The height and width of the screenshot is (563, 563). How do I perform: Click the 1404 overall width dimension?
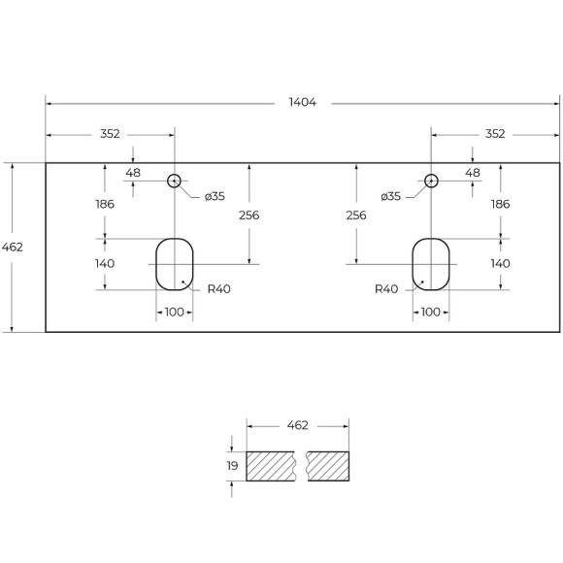click(x=302, y=102)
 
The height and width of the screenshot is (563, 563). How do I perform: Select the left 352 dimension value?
click(x=110, y=134)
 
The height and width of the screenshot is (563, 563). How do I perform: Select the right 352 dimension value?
click(x=495, y=134)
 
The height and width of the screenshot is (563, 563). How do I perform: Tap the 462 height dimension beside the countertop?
click(x=13, y=248)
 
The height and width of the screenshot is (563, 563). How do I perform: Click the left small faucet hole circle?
click(x=175, y=181)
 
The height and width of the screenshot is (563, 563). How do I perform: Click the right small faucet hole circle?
click(x=432, y=181)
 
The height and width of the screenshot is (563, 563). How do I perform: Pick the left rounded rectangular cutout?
click(x=175, y=263)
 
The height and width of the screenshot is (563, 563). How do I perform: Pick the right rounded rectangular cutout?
click(x=431, y=263)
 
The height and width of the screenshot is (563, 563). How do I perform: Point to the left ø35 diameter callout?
click(x=215, y=196)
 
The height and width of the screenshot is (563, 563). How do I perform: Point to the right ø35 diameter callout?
click(x=391, y=196)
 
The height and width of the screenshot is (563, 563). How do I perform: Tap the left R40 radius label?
click(x=218, y=289)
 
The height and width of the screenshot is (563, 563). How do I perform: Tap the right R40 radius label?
click(x=387, y=289)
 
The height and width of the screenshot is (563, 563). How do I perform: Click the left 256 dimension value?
click(x=248, y=215)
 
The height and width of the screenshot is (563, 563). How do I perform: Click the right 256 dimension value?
click(x=356, y=215)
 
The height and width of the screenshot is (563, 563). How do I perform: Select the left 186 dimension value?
click(x=105, y=204)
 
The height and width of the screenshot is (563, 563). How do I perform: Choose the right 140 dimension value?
click(x=500, y=263)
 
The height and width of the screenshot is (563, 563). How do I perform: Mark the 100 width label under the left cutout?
click(x=175, y=312)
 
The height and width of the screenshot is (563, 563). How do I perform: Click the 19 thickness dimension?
click(x=231, y=467)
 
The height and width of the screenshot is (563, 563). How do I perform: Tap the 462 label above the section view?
click(x=298, y=425)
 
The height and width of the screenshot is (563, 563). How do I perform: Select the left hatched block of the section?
click(x=273, y=467)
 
